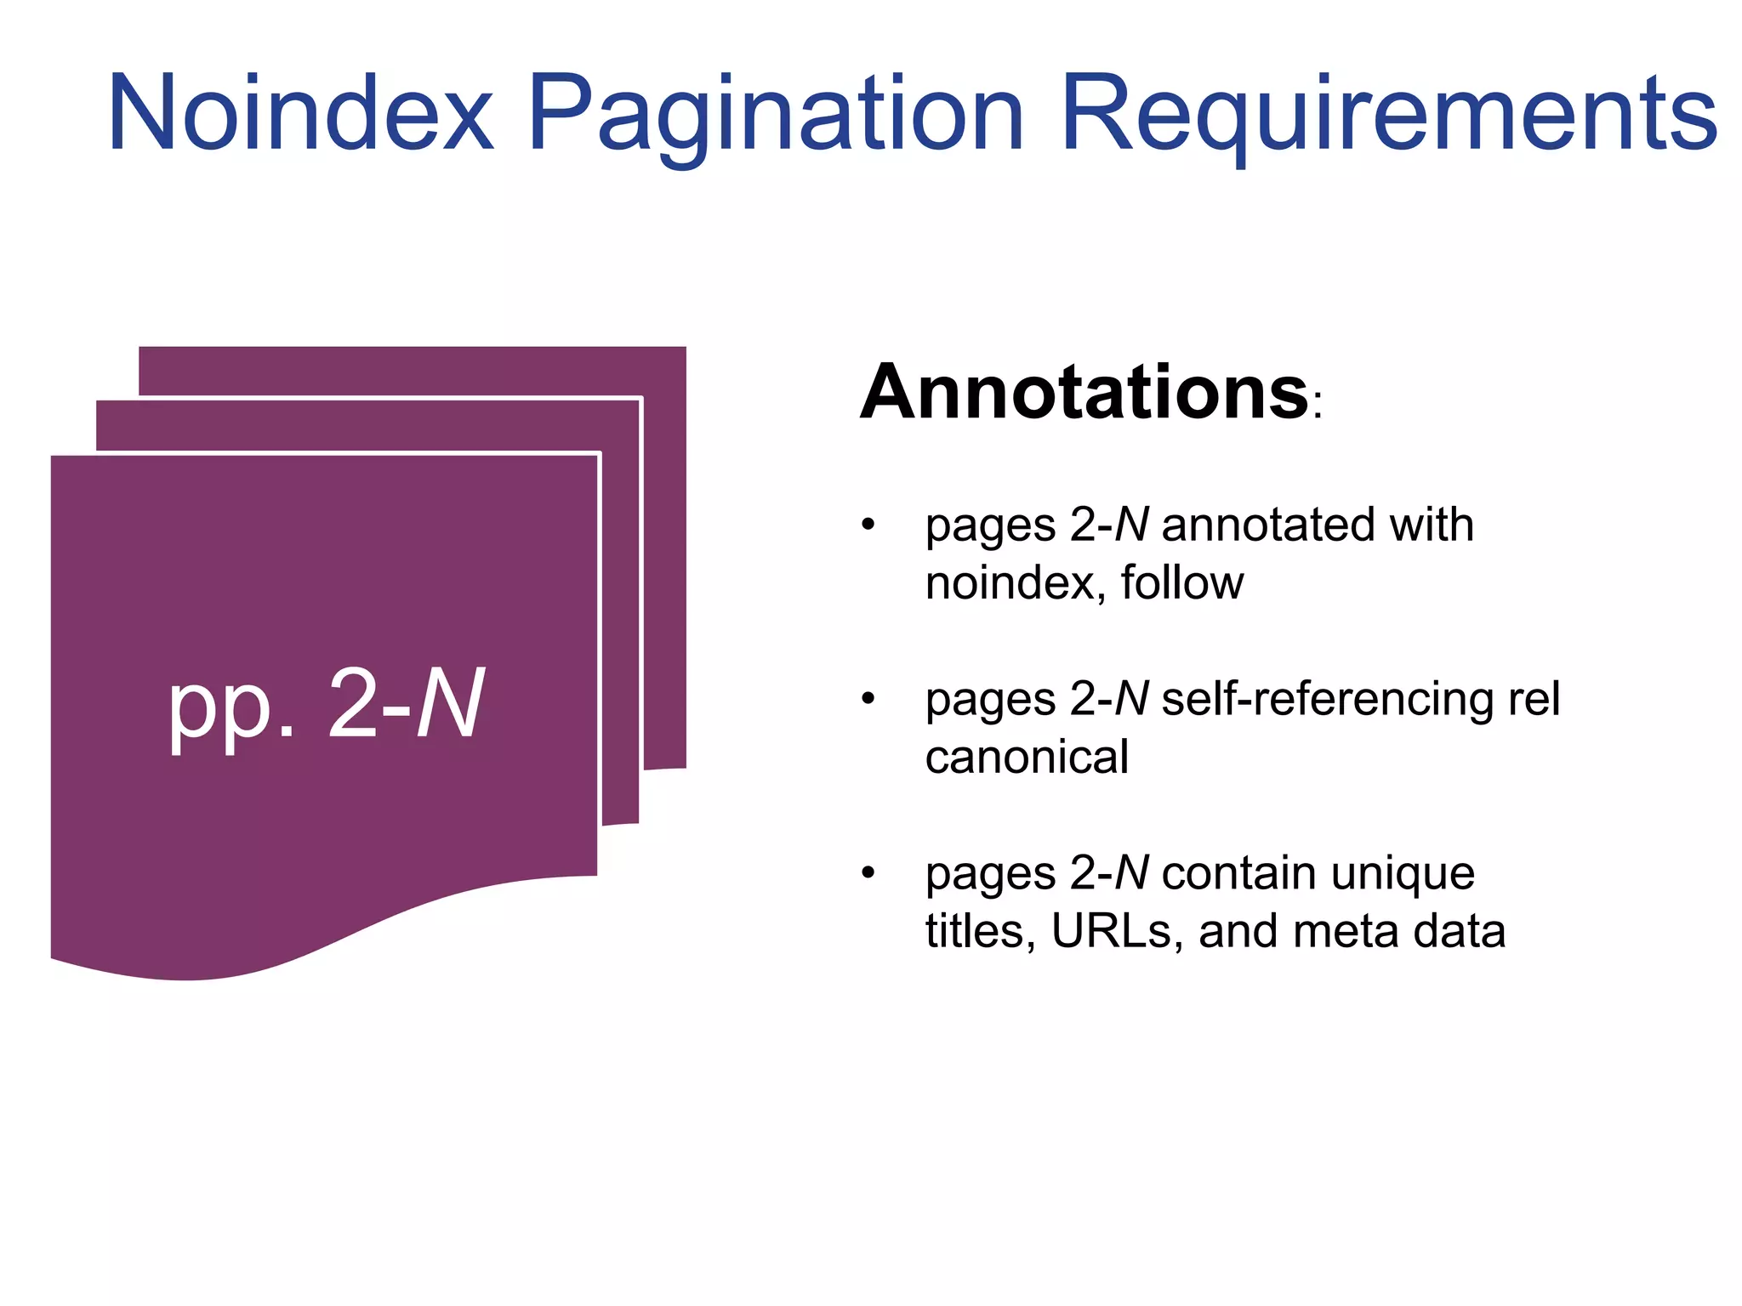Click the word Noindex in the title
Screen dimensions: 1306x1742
(x=300, y=115)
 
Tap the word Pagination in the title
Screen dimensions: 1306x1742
(x=775, y=115)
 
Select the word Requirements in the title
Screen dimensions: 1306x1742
(x=1389, y=115)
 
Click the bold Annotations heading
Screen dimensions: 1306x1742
(x=1084, y=393)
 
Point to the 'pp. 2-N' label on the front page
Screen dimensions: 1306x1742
(x=326, y=704)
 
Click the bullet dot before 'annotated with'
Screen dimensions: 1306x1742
(x=868, y=524)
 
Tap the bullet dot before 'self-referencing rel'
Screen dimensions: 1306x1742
(x=868, y=698)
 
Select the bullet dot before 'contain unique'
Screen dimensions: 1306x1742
(x=868, y=872)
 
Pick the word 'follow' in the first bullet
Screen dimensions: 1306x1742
(x=1181, y=583)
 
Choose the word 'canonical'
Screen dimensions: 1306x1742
(x=1027, y=757)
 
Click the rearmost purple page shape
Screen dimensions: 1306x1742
(x=663, y=553)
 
